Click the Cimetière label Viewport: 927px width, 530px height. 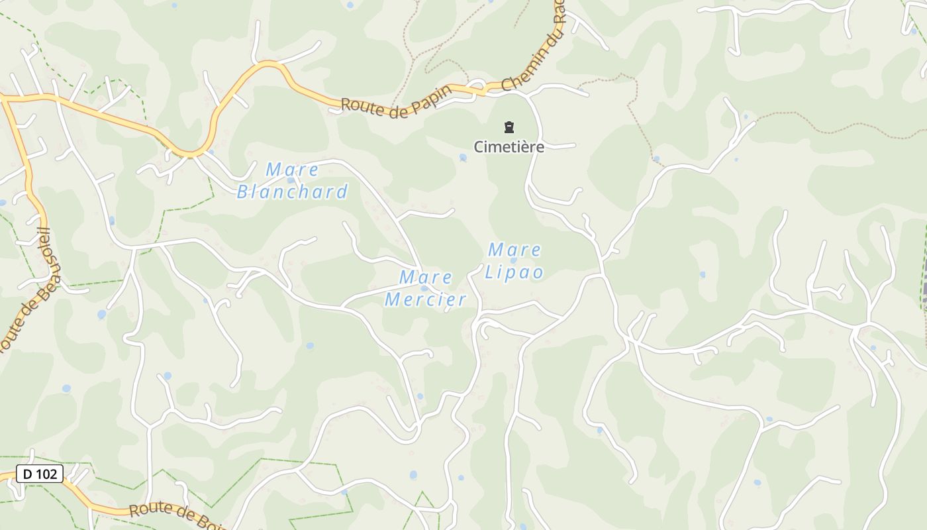509,146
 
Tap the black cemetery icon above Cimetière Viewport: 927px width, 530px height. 509,127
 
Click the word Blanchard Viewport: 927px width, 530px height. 292,192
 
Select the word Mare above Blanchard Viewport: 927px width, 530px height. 292,170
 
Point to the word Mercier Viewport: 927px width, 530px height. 426,300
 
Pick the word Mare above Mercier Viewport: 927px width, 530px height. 426,278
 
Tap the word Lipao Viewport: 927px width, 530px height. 514,272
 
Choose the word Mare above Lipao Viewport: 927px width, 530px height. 514,250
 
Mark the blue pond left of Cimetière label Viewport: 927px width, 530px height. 463,158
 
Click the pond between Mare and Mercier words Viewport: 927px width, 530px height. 424,288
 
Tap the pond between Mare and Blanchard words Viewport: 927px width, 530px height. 291,180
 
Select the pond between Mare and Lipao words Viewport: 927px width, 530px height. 513,260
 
